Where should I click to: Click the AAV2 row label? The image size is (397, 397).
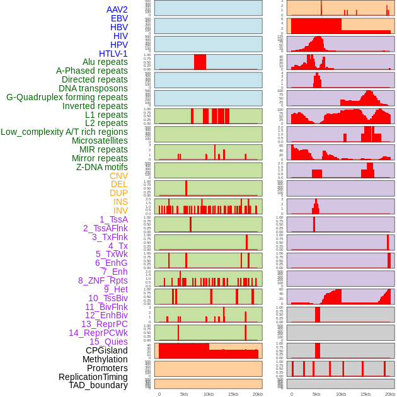click(117, 9)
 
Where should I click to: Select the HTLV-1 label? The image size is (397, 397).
click(113, 54)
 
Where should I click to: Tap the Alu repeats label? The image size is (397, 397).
click(105, 62)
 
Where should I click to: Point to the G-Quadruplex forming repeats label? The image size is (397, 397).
click(67, 97)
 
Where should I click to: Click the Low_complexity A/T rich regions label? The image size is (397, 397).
click(64, 132)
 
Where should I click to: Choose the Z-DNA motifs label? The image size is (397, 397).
click(102, 167)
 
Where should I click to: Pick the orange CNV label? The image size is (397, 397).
click(118, 176)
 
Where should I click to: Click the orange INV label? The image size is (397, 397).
click(120, 210)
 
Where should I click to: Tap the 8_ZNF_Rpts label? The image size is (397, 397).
click(103, 280)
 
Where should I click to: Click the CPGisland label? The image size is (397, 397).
click(106, 350)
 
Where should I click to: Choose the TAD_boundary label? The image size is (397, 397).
click(98, 385)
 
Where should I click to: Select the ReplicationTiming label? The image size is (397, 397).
click(93, 377)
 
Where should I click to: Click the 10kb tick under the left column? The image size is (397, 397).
click(209, 394)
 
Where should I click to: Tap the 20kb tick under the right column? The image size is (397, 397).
click(390, 394)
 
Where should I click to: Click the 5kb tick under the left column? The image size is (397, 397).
click(184, 394)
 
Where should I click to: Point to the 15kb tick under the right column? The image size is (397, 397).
click(365, 394)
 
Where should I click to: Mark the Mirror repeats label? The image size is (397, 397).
click(100, 158)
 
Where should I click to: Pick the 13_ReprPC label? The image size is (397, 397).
click(104, 324)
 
